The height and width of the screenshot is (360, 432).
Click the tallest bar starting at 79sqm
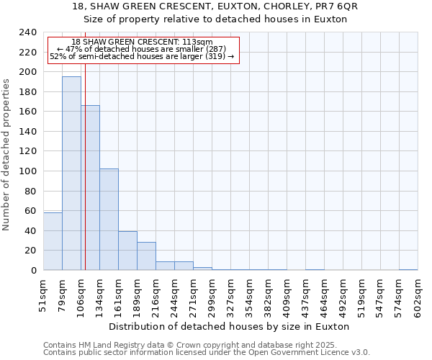[x=71, y=173]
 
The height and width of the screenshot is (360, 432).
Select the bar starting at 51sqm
[x=53, y=241]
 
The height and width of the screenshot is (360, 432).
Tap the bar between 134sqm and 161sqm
[x=109, y=219]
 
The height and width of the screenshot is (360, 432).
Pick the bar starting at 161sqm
[x=127, y=251]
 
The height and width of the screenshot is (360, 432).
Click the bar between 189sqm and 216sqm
[x=146, y=256]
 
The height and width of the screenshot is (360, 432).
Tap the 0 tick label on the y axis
[x=33, y=271]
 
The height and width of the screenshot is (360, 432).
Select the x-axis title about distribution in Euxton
[x=230, y=326]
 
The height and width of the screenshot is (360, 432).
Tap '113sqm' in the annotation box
[x=197, y=42]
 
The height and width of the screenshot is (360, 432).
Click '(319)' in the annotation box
[x=214, y=56]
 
